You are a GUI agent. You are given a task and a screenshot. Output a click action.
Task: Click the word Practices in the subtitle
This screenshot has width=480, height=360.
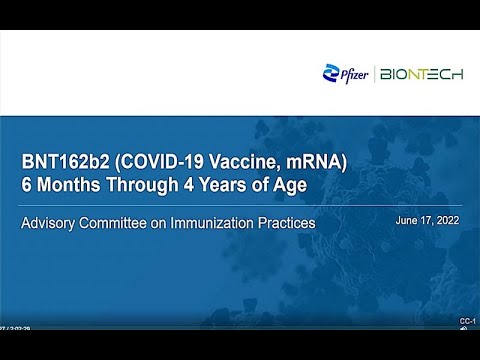[x=287, y=222]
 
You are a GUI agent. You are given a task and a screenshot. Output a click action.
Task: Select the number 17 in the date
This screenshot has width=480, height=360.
[x=427, y=220]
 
